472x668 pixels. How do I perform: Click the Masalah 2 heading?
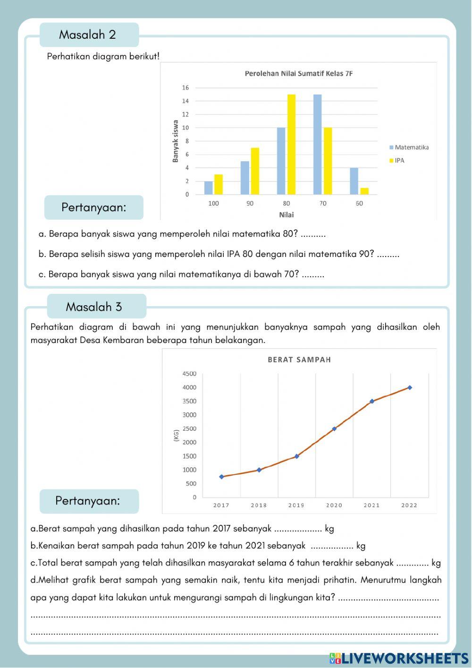coord(88,34)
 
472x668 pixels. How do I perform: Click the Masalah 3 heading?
coord(94,307)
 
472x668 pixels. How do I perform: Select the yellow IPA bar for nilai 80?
coord(291,145)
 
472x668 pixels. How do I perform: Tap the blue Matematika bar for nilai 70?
coord(317,145)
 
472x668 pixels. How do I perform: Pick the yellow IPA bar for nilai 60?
coord(364,191)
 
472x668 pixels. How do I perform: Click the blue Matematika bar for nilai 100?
coord(208,188)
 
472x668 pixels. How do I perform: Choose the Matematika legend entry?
coord(409,147)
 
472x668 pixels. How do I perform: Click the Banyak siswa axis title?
coord(176,141)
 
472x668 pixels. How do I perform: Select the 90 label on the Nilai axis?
coord(250,204)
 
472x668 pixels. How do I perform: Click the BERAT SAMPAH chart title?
coord(299,360)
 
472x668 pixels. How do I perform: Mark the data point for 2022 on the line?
coord(410,387)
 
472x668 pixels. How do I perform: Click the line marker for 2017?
coord(221,477)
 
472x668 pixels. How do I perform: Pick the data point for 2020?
coord(334,429)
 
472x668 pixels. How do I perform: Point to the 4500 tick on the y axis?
coord(189,374)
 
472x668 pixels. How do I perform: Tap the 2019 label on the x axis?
coord(296,505)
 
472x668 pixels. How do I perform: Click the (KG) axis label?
coord(176,436)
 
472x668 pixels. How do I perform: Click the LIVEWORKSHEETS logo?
coord(399,658)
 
